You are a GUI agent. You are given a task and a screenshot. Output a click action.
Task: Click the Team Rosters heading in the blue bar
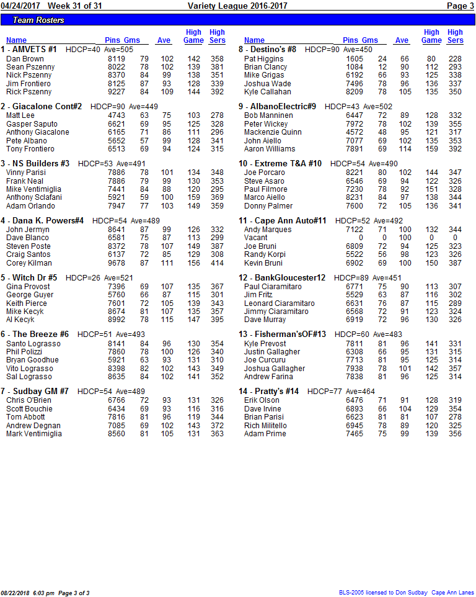[38, 20]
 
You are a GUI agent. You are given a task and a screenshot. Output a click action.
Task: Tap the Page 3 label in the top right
[460, 6]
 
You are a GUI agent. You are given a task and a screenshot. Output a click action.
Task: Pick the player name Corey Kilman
[29, 263]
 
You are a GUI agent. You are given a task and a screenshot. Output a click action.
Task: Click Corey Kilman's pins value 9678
[117, 263]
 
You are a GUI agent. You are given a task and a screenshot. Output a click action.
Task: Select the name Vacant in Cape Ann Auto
[256, 238]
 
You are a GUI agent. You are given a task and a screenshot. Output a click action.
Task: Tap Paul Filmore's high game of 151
[432, 189]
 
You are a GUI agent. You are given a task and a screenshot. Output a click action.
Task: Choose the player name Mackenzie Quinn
[273, 132]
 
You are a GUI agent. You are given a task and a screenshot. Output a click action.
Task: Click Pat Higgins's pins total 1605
[355, 59]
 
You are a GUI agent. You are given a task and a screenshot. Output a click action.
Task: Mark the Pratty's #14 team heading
[268, 392]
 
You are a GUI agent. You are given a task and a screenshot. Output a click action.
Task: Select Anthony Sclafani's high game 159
[194, 197]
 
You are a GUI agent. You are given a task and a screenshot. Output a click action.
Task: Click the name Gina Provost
[28, 287]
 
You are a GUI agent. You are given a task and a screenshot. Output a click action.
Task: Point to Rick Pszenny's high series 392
[217, 92]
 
